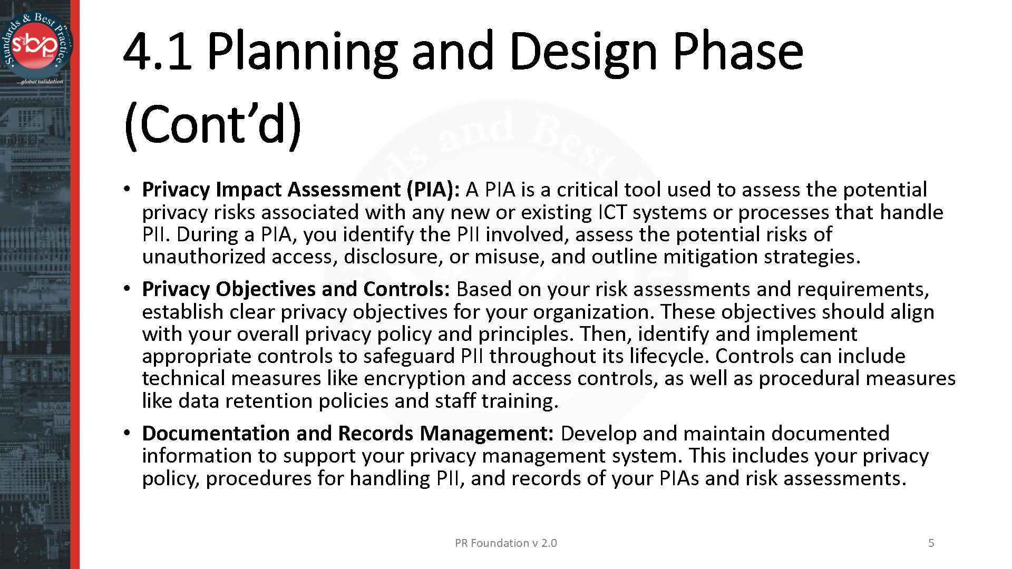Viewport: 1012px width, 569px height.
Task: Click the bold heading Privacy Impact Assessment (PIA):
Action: [301, 190]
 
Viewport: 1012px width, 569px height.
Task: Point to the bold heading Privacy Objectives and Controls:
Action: [296, 289]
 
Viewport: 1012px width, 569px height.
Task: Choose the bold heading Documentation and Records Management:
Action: [347, 433]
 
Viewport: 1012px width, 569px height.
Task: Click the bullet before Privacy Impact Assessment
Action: [126, 189]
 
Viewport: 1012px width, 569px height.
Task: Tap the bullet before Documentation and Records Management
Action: [126, 433]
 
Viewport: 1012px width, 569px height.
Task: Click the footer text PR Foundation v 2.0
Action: [505, 543]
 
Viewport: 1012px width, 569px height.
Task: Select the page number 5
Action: [931, 543]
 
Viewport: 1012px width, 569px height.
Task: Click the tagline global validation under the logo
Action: [40, 82]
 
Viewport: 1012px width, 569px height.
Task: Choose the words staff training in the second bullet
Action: [496, 401]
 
